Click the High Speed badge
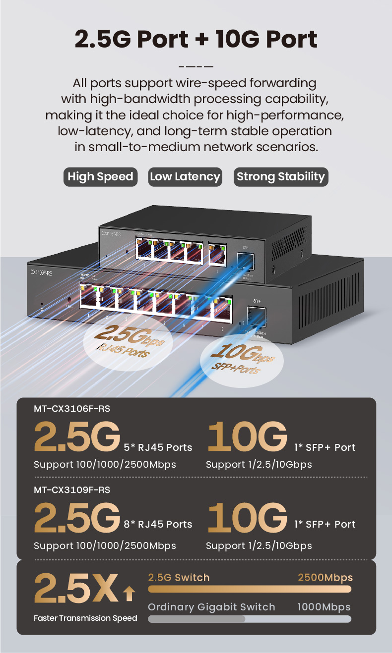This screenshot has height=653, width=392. click(100, 177)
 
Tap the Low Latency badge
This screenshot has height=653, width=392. click(185, 177)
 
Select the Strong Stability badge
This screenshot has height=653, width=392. click(280, 177)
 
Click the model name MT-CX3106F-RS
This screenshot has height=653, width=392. click(72, 409)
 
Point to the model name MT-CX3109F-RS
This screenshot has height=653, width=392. click(72, 490)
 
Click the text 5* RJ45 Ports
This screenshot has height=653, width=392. click(158, 447)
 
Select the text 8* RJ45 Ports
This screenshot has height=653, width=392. click(158, 524)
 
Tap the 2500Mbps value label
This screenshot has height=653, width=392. click(325, 578)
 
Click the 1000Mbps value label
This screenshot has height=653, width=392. click(324, 607)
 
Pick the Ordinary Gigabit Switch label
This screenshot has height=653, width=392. click(211, 607)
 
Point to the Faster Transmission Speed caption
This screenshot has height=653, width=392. click(85, 618)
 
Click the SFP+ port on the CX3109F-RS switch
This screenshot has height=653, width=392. click(257, 316)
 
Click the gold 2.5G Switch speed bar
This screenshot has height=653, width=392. click(250, 589)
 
